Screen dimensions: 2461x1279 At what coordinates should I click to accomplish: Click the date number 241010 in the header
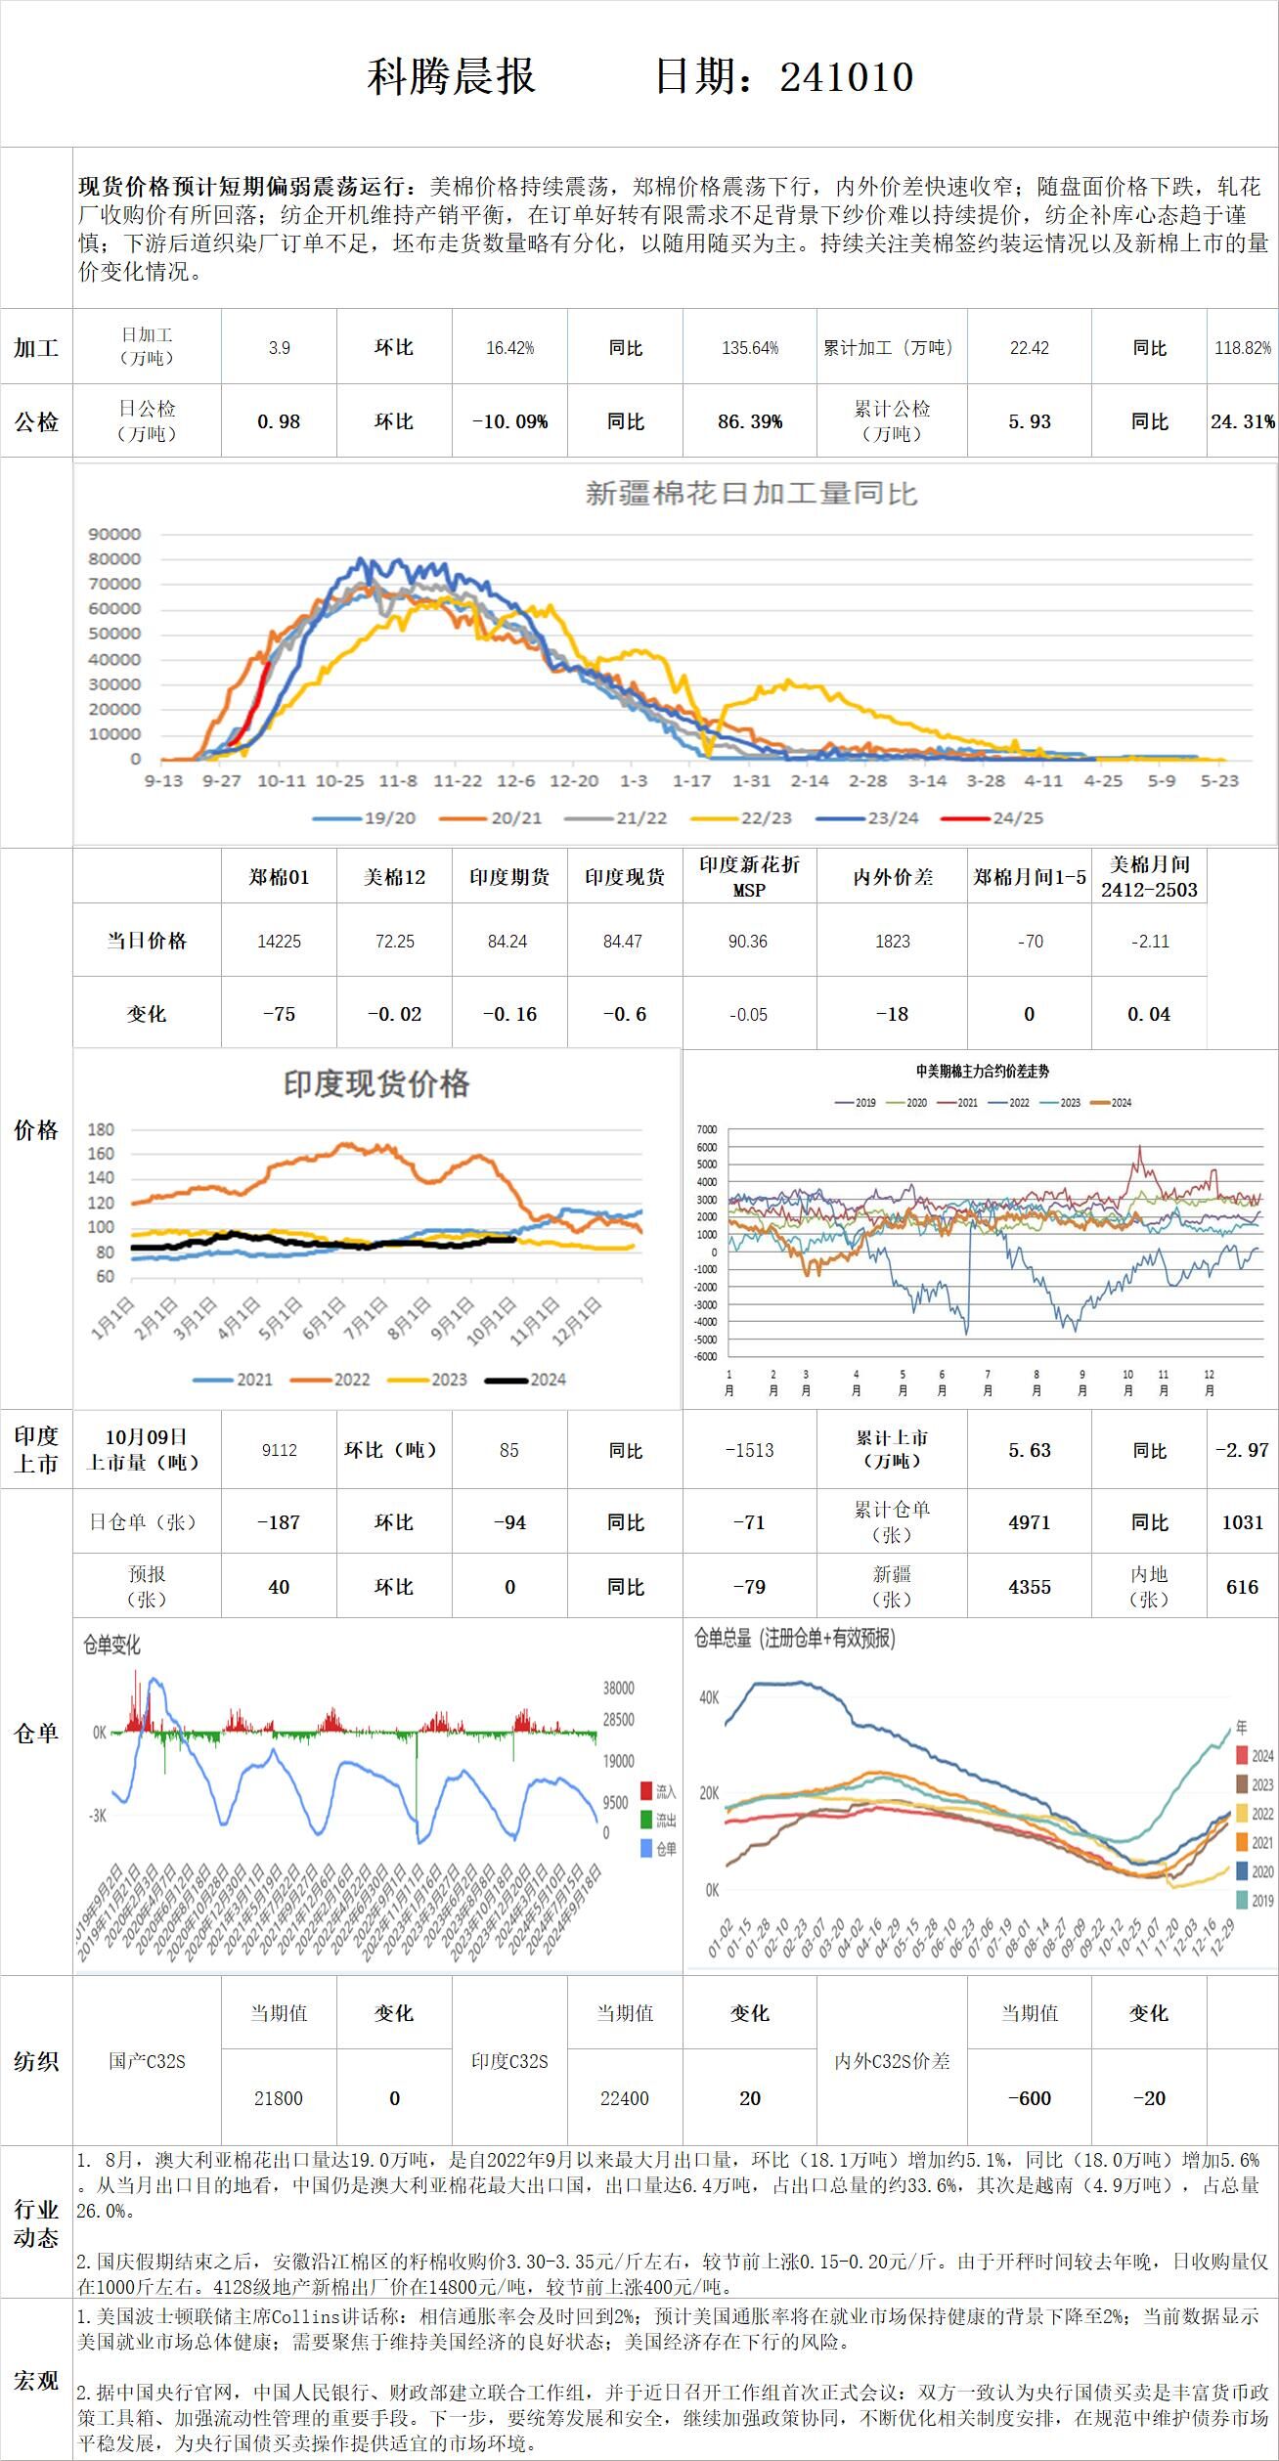point(847,76)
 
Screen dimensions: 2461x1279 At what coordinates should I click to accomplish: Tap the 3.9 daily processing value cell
point(280,348)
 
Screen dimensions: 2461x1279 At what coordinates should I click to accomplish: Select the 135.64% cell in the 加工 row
point(750,348)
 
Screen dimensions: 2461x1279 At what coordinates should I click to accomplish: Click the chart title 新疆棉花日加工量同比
point(751,494)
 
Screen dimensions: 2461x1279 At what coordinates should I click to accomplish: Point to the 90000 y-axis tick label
point(114,534)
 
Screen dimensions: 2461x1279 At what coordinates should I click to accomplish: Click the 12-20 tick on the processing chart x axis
point(574,781)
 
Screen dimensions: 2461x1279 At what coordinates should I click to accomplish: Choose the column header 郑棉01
point(279,877)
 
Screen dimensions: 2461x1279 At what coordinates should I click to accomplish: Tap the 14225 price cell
point(279,942)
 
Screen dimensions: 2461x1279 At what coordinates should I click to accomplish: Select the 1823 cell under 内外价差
point(892,942)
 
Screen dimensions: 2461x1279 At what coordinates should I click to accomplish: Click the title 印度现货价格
point(376,1083)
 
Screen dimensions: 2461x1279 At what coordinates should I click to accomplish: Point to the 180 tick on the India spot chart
point(101,1129)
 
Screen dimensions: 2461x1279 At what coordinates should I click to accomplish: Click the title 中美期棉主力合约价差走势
point(982,1072)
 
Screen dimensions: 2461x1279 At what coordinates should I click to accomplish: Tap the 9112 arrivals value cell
point(279,1450)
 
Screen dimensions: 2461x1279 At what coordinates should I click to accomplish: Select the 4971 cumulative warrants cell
point(1029,1522)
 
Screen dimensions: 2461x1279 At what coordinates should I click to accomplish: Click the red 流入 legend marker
point(646,1791)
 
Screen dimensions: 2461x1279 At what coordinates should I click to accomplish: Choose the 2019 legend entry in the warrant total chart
point(1242,1900)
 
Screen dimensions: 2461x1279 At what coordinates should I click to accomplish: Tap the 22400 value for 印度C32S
point(625,2098)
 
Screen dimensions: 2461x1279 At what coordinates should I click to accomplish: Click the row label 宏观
point(36,2381)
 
